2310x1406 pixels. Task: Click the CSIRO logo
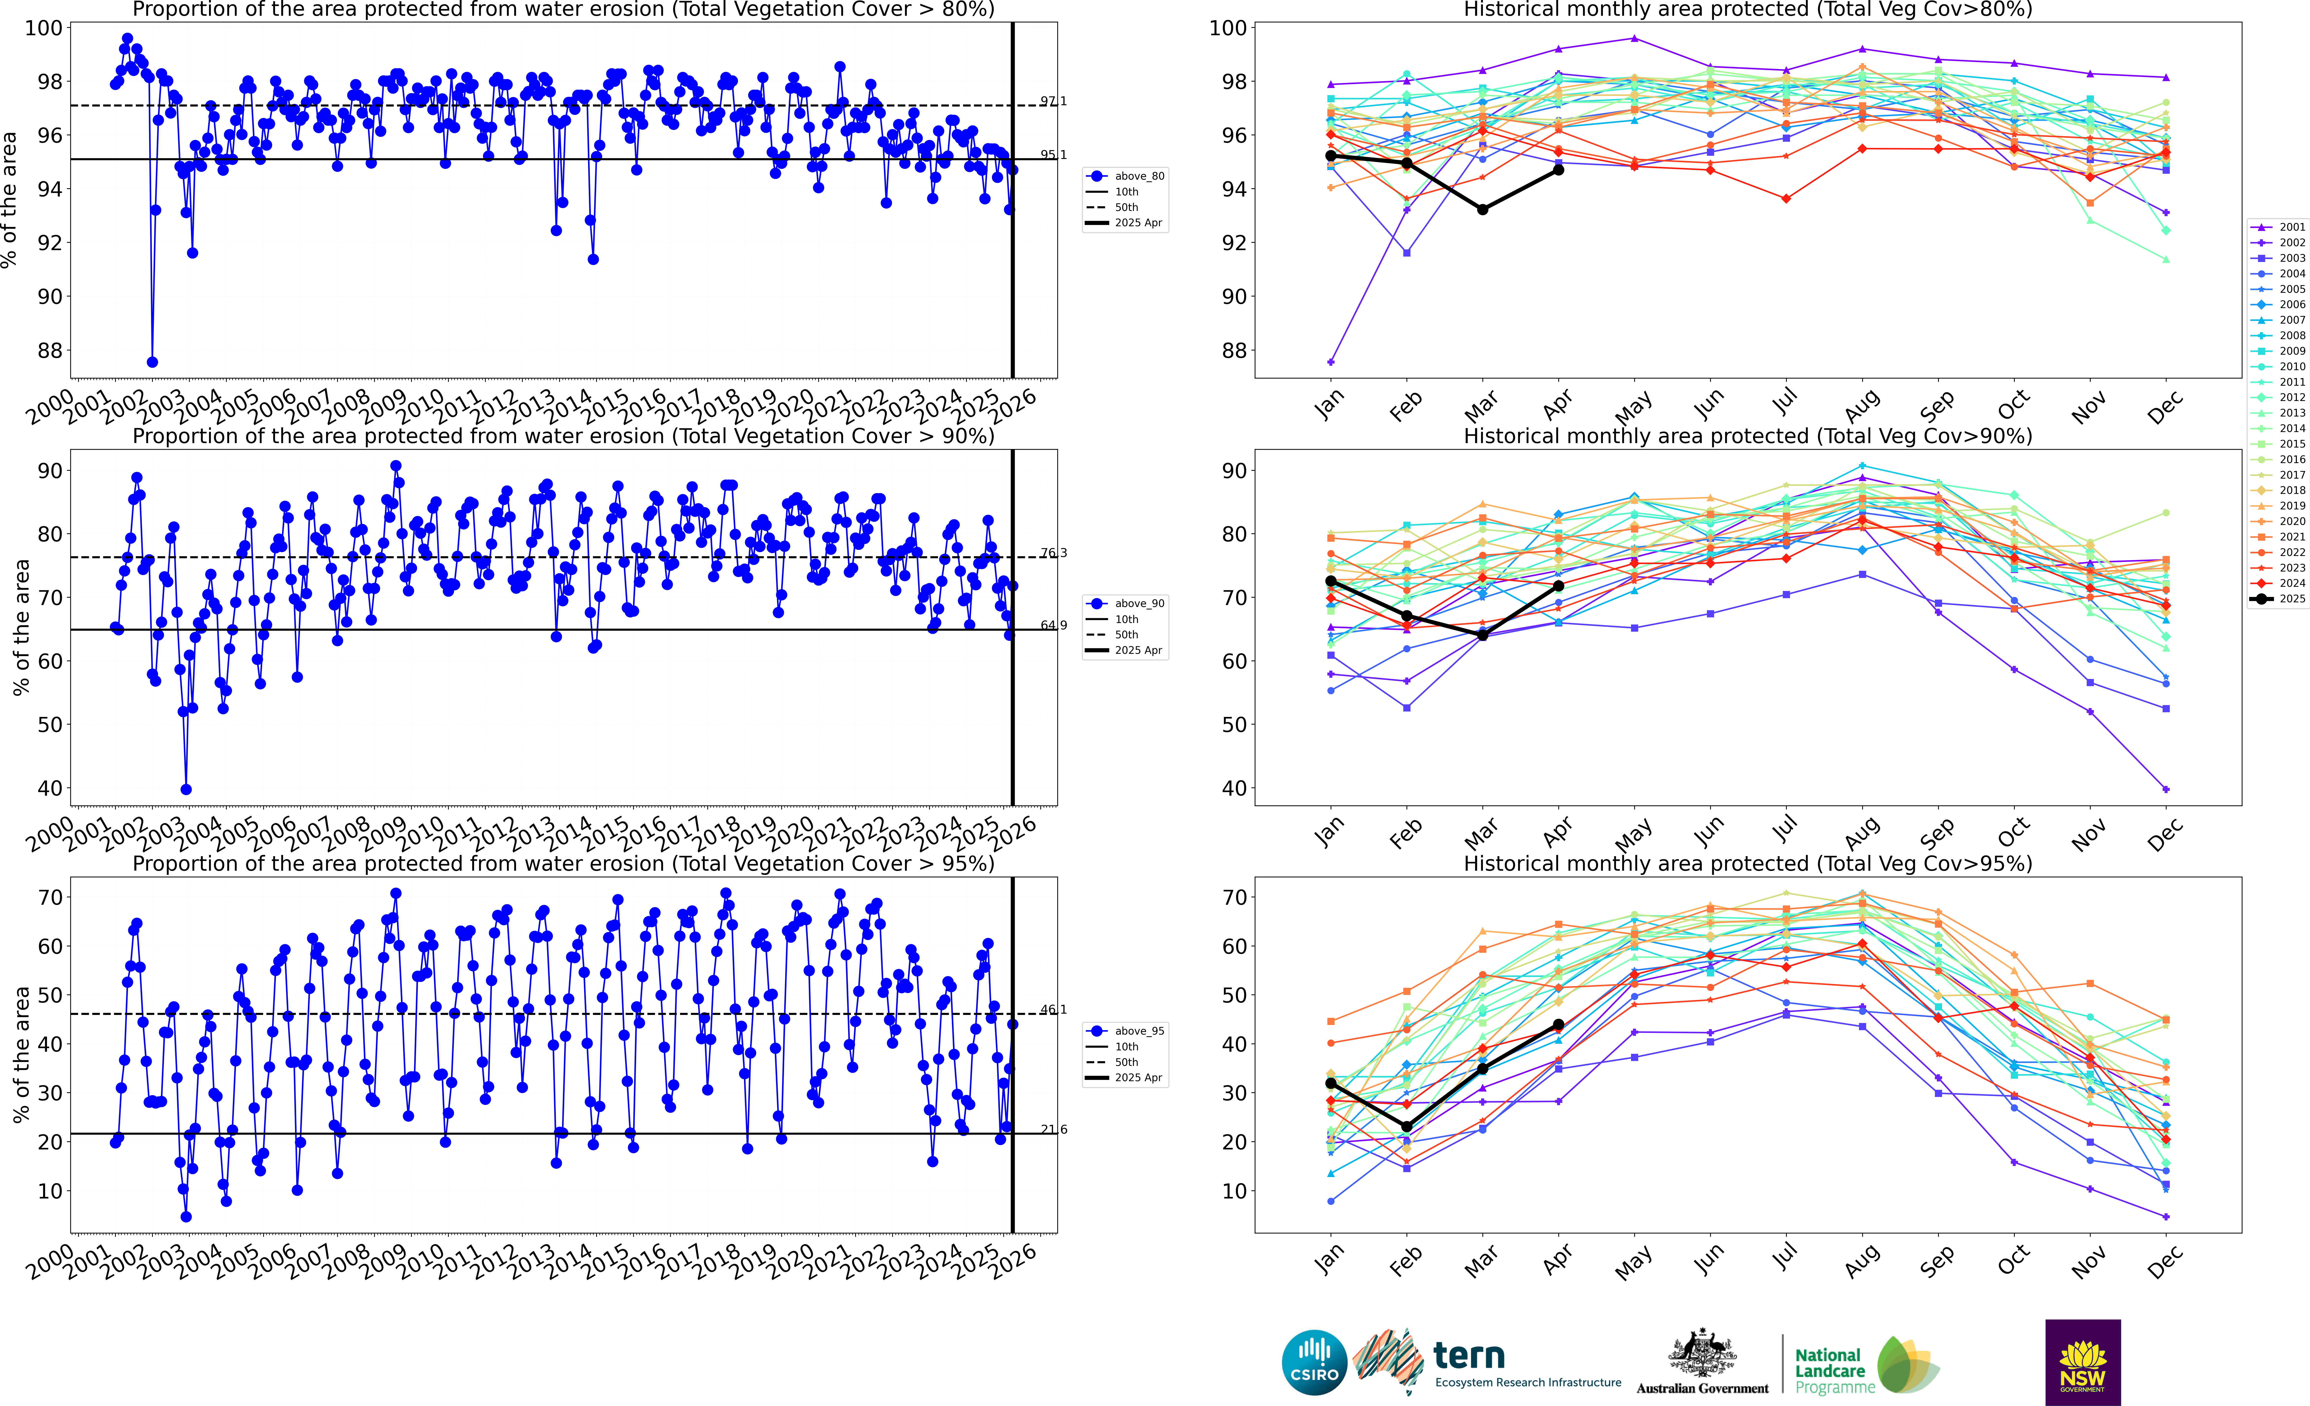tap(1314, 1362)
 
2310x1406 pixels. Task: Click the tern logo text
tap(1469, 1355)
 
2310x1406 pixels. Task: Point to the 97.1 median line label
tap(1053, 101)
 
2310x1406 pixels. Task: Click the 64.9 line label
tap(1053, 625)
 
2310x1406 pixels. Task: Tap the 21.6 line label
tap(1053, 1129)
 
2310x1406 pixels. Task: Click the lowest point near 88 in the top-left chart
tap(152, 362)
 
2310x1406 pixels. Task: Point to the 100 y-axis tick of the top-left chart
tap(43, 28)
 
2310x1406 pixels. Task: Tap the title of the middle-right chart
tap(1748, 436)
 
